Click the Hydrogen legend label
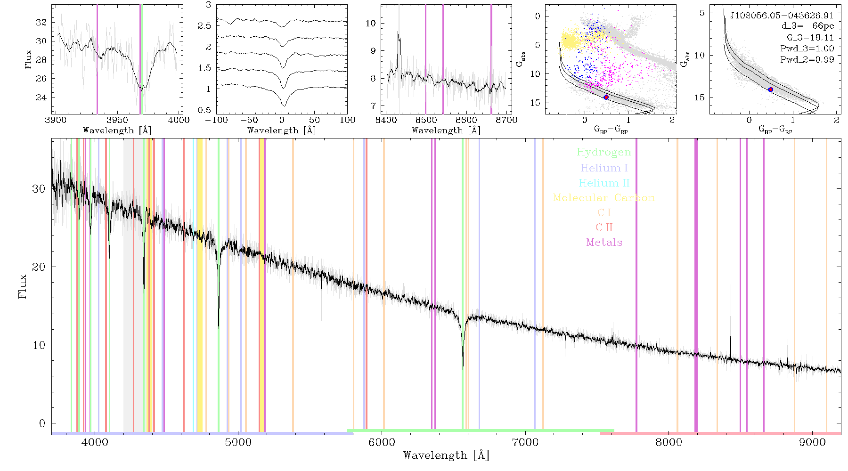tap(604, 152)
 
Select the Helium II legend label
tap(604, 183)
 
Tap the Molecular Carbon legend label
tap(604, 198)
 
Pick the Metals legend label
tap(604, 243)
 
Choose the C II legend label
tap(604, 227)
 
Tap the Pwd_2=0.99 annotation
tap(807, 59)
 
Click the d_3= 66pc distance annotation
tap(807, 26)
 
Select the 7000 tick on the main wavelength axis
tap(525, 442)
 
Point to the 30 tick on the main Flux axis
tap(39, 188)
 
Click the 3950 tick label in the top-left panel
tap(117, 120)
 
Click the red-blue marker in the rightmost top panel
tap(771, 89)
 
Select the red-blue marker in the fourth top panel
tap(606, 97)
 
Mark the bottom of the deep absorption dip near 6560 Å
tap(463, 369)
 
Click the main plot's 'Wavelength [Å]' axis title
tap(446, 455)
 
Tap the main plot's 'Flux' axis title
tap(22, 286)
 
